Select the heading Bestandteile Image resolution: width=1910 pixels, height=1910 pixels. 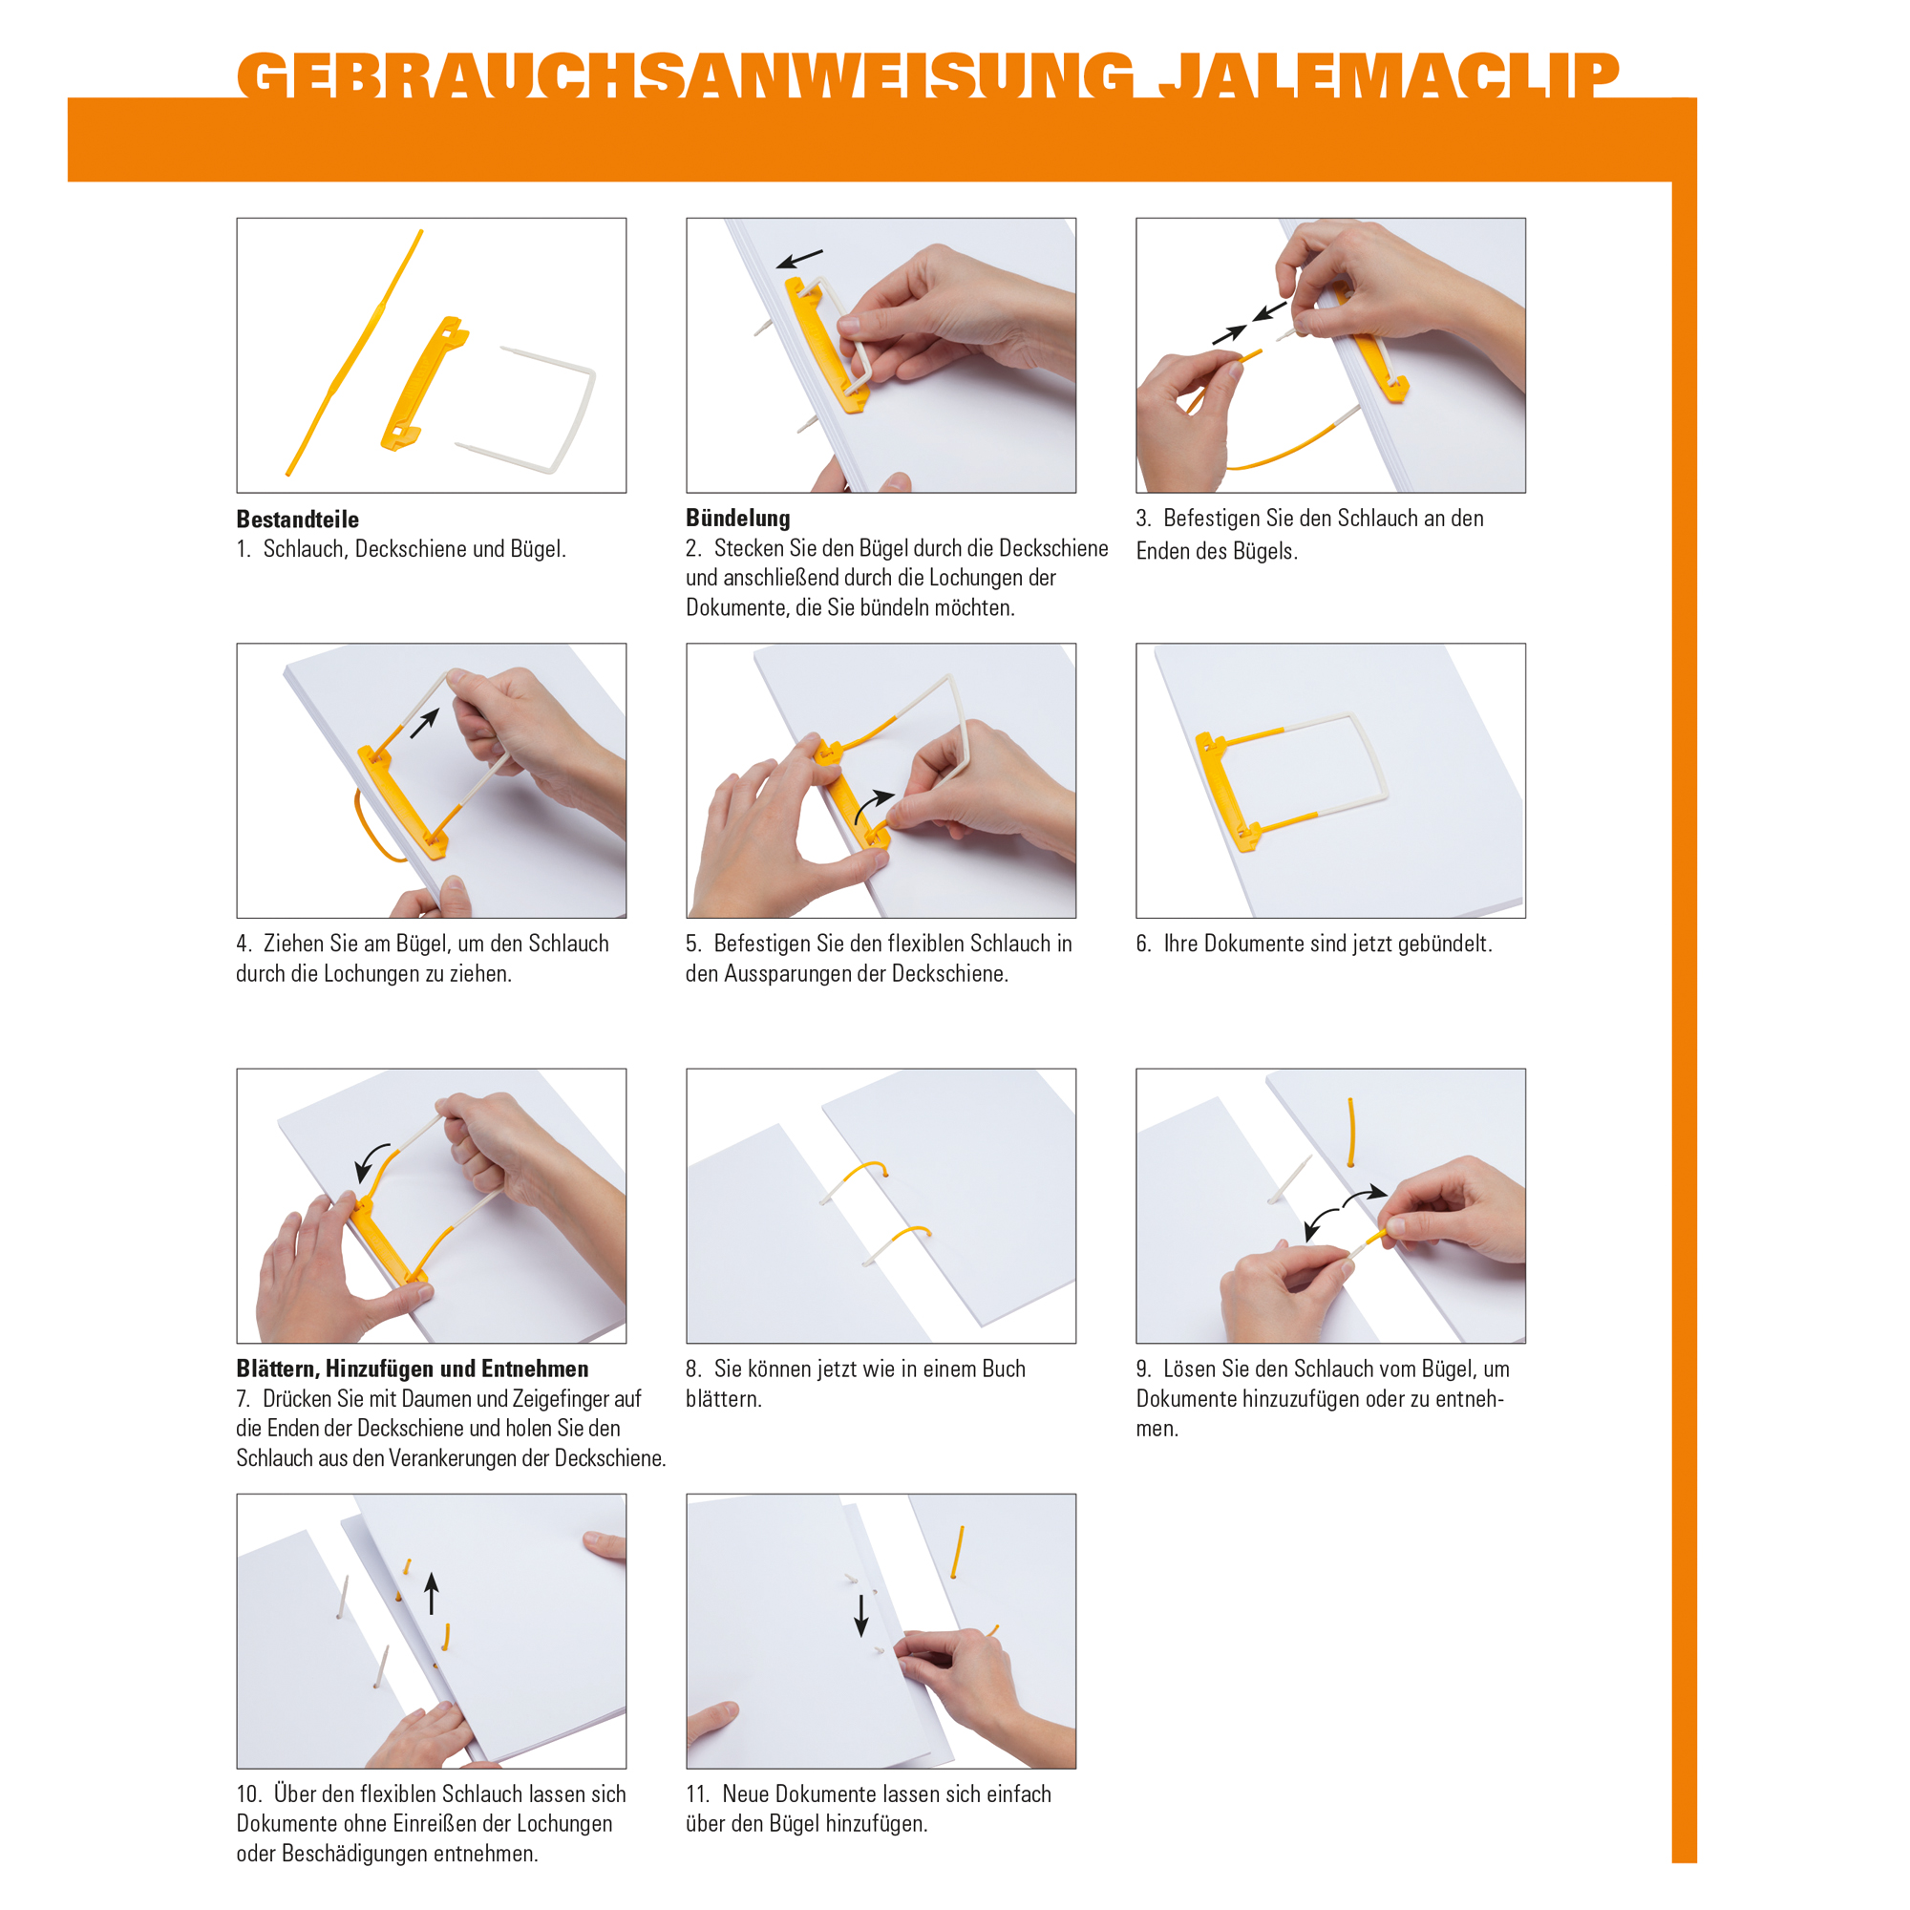point(297,519)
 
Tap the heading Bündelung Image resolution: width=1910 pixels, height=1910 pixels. point(737,518)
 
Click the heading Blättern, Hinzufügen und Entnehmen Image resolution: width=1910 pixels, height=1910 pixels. point(412,1369)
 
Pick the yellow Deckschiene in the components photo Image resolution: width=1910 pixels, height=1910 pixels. point(423,386)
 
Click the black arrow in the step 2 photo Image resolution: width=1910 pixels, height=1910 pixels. point(798,259)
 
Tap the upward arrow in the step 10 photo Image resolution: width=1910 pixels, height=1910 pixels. point(431,1593)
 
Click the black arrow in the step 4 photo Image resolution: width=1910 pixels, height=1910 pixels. point(424,723)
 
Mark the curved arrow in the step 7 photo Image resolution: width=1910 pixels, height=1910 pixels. point(371,1161)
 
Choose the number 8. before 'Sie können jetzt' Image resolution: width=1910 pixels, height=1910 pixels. point(694,1369)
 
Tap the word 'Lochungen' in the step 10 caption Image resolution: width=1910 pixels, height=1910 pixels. point(564,1823)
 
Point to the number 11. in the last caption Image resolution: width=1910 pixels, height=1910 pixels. point(698,1793)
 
